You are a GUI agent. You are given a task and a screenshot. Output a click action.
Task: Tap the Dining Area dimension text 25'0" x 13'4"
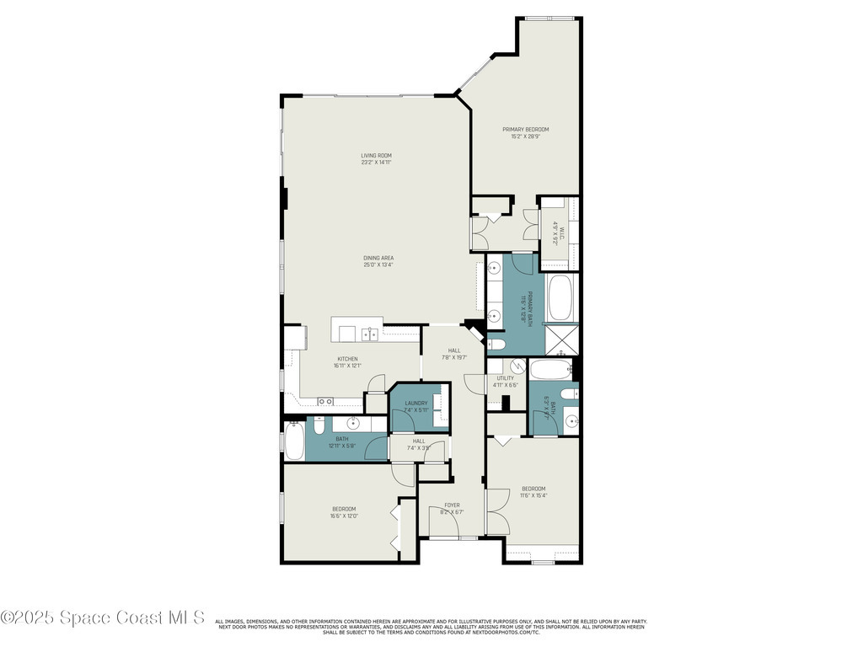coord(378,265)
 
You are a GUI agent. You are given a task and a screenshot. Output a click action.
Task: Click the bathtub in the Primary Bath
coord(561,298)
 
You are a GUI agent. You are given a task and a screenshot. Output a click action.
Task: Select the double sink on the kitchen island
coord(370,334)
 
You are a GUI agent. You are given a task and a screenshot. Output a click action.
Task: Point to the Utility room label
coord(505,381)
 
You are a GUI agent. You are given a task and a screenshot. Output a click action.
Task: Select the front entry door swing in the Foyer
coord(443,527)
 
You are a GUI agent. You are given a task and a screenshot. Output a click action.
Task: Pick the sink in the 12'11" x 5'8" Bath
coord(354,424)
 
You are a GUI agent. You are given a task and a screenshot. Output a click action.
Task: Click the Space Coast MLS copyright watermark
coord(103,618)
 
